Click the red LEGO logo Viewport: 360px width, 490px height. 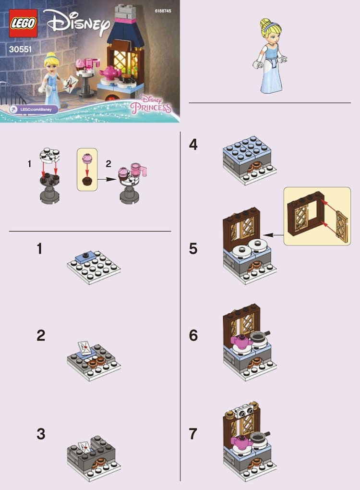coord(23,23)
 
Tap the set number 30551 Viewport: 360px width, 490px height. coord(20,49)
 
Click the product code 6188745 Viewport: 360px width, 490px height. coord(163,11)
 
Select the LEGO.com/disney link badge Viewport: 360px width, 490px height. coord(34,110)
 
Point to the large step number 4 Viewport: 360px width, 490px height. coord(193,145)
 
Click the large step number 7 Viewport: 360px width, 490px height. coord(193,434)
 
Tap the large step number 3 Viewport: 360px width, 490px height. coord(41,434)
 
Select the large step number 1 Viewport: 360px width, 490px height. coord(39,249)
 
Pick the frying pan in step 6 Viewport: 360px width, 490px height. coord(260,336)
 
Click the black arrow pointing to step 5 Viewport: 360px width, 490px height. coord(273,235)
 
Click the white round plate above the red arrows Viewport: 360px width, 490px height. coord(49,155)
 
